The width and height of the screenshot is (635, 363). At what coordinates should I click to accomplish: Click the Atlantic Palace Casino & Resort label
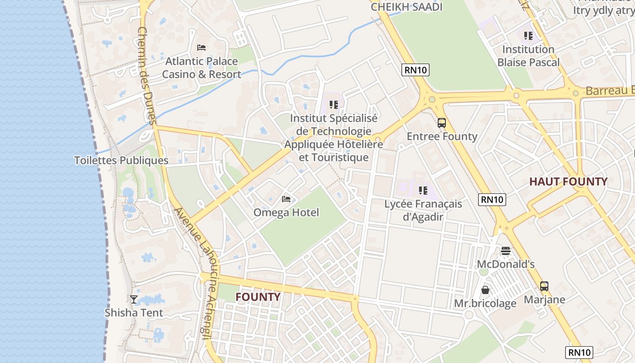tap(201, 68)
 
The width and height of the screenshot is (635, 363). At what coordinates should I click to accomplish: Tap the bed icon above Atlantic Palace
tap(201, 47)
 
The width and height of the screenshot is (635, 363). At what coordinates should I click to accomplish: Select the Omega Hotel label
tap(286, 212)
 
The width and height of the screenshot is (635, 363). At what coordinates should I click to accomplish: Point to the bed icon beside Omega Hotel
tap(286, 199)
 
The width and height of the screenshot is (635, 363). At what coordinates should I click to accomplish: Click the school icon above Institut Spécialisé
tap(334, 105)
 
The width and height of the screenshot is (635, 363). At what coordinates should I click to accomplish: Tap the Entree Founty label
tap(442, 137)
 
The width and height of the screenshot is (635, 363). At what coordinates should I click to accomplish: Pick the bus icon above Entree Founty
tap(442, 123)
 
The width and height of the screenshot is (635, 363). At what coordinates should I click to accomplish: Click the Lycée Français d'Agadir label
tap(423, 210)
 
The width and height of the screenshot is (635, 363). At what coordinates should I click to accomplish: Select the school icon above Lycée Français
tap(423, 190)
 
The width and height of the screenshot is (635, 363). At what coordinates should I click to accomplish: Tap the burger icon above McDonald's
tap(506, 250)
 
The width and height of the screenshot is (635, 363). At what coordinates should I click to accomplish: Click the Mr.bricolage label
tap(485, 304)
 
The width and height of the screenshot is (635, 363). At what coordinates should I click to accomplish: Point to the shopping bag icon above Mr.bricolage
tap(485, 289)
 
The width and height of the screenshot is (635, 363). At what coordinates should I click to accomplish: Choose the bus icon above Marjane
tap(544, 286)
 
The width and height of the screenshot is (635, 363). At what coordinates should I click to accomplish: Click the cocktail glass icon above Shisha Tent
tap(134, 299)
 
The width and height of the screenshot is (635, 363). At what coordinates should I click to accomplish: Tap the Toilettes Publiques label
tap(121, 161)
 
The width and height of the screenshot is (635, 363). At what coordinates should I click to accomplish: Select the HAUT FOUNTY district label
tap(568, 182)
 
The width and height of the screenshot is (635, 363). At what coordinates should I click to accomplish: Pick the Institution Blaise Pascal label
tap(528, 56)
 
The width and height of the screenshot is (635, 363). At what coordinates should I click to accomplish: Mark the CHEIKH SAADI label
tap(406, 7)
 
